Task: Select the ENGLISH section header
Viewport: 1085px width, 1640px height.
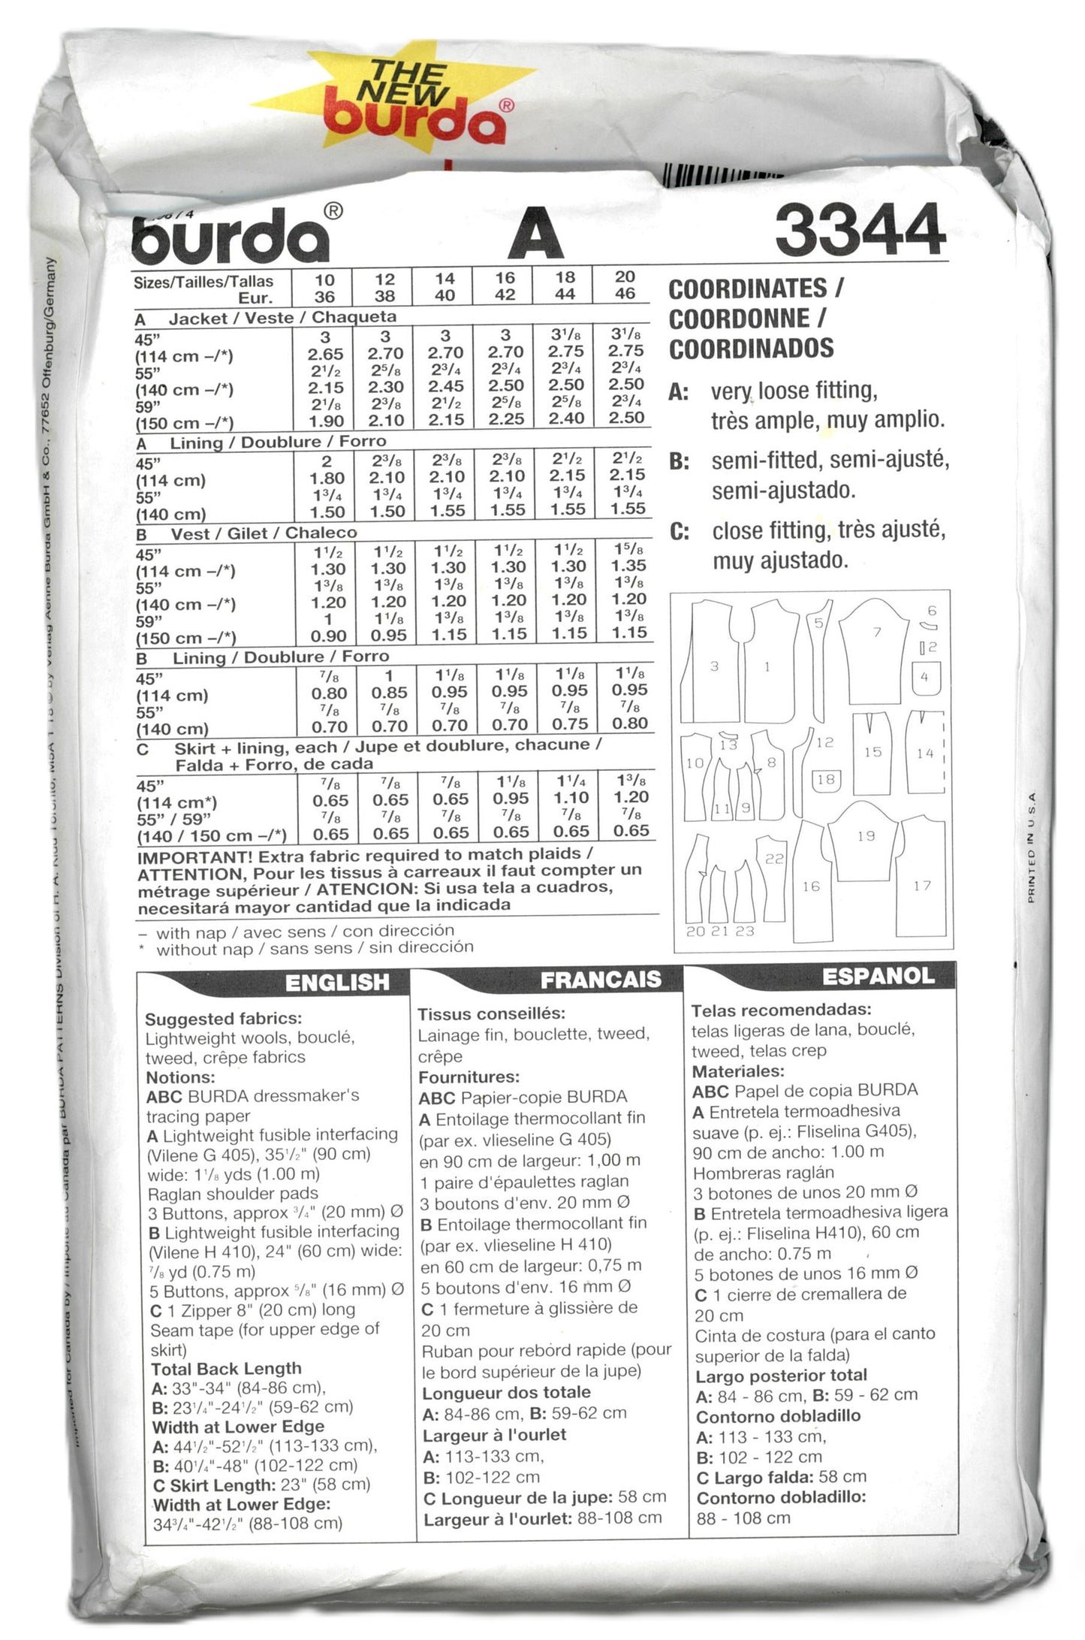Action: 337,982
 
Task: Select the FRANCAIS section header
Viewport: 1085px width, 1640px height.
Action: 601,979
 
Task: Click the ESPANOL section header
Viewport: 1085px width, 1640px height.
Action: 878,976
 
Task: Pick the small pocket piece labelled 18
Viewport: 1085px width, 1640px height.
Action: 826,780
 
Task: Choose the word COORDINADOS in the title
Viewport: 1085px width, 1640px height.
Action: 751,349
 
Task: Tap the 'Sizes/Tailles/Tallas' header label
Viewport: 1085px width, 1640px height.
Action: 203,282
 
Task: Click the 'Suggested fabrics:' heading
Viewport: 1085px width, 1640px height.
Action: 223,1019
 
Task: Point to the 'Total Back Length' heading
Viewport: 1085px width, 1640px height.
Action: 226,1368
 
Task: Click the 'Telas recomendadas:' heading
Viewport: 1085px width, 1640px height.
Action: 781,1010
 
